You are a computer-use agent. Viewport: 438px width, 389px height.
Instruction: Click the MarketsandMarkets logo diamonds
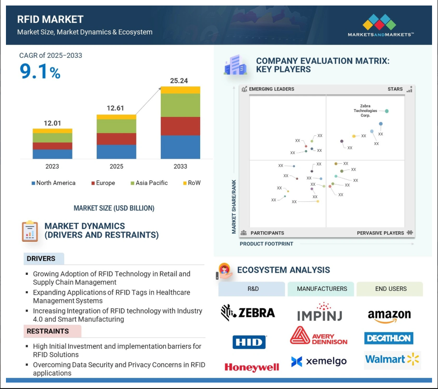click(379, 22)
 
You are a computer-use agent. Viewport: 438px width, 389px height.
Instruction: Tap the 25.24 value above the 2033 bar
click(179, 81)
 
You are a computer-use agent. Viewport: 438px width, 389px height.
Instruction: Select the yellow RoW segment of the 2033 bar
click(181, 90)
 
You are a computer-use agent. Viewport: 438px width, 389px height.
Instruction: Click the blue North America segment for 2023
click(53, 154)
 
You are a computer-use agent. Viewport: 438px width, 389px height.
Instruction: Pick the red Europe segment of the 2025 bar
click(116, 139)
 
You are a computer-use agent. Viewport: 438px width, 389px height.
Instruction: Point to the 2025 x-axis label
click(116, 167)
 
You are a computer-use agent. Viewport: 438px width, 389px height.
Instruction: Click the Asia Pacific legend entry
click(149, 183)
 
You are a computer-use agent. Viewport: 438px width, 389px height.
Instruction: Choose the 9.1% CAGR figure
click(40, 71)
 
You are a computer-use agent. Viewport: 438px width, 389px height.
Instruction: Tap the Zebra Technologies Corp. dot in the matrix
click(387, 111)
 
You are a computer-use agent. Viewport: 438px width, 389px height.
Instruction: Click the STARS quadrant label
click(395, 89)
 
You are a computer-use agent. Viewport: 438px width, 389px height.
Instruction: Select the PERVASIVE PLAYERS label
click(380, 233)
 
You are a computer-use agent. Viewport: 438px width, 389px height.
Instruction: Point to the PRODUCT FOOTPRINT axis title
click(267, 244)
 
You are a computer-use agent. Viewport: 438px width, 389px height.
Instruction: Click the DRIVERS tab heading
click(41, 259)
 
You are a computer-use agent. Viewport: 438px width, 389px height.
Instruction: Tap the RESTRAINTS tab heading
click(48, 331)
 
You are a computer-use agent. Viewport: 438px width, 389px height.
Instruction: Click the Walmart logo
click(392, 359)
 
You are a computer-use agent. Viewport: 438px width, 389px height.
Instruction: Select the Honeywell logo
click(252, 367)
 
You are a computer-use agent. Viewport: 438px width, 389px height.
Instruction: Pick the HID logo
click(249, 342)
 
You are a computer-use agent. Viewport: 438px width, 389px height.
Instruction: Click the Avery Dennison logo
click(319, 336)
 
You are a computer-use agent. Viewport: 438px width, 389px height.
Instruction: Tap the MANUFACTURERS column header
click(322, 289)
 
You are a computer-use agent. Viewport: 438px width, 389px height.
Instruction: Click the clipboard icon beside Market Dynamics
click(30, 231)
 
